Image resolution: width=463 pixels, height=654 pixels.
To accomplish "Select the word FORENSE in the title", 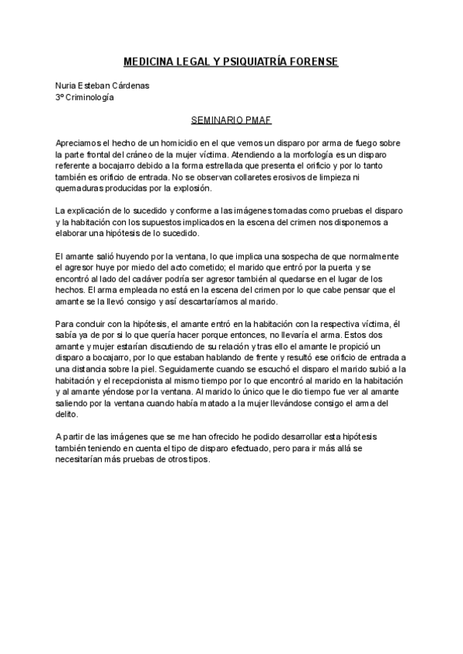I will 311,61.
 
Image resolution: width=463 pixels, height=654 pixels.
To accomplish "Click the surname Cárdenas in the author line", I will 127,86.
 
